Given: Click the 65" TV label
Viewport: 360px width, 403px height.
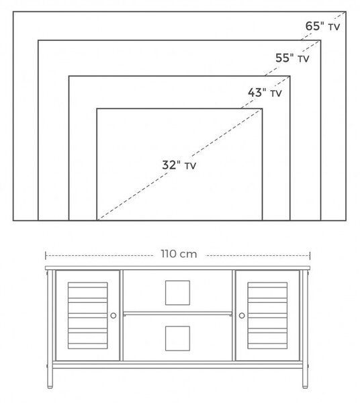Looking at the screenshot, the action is pyautogui.click(x=322, y=26).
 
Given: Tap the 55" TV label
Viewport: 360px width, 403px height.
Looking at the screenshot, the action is pyautogui.click(x=292, y=58).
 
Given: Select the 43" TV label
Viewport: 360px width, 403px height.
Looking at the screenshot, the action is pyautogui.click(x=265, y=93).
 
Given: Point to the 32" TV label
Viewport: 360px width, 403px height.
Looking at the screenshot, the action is pyautogui.click(x=179, y=165).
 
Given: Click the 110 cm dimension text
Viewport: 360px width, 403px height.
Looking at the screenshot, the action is pyautogui.click(x=179, y=254).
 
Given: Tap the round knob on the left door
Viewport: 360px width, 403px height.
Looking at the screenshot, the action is pyautogui.click(x=114, y=316).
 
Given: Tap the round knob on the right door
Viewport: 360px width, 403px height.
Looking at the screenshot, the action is pyautogui.click(x=242, y=316).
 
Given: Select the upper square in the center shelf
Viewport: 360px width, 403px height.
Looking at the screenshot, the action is pyautogui.click(x=177, y=293).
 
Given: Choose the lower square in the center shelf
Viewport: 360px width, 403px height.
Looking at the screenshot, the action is pyautogui.click(x=177, y=339).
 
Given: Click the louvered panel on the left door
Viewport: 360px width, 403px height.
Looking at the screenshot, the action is pyautogui.click(x=87, y=316).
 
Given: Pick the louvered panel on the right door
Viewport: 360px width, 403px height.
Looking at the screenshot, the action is pyautogui.click(x=267, y=316).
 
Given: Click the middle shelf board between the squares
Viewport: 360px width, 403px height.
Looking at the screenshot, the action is pyautogui.click(x=177, y=314).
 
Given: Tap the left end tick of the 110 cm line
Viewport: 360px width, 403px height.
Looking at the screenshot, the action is pyautogui.click(x=46, y=256).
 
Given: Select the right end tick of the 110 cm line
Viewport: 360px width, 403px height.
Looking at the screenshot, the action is pyautogui.click(x=310, y=256).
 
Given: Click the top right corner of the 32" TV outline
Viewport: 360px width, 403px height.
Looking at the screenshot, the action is pyautogui.click(x=262, y=109).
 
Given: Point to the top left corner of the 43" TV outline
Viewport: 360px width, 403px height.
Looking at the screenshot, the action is pyautogui.click(x=69, y=76).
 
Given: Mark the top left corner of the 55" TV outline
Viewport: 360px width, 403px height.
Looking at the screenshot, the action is pyautogui.click(x=38, y=40).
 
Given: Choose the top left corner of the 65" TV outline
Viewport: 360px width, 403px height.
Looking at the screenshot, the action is pyautogui.click(x=13, y=11).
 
